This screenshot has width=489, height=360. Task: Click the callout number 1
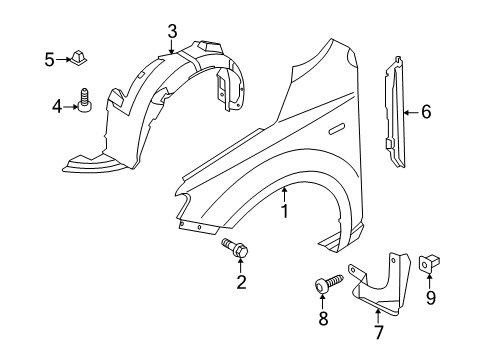(284, 211)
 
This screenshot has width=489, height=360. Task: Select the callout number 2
(241, 282)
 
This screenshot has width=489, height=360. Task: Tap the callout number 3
(172, 32)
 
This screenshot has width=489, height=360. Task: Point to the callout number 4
(57, 107)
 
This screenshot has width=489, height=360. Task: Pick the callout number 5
(49, 60)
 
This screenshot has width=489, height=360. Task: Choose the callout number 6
(426, 112)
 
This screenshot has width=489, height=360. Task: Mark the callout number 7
(378, 332)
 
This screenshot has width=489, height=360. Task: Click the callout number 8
(323, 318)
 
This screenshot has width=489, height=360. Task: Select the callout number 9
(431, 298)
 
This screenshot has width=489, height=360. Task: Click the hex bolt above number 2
(235, 248)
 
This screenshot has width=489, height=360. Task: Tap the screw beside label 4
(85, 100)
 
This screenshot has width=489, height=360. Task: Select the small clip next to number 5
(79, 57)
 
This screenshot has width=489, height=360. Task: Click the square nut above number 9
(429, 263)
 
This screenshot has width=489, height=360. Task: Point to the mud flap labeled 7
(380, 284)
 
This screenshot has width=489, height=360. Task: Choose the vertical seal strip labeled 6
(395, 112)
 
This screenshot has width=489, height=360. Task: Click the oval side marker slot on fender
(337, 129)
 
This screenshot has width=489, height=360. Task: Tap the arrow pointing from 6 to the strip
(412, 112)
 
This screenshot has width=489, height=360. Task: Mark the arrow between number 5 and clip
(63, 60)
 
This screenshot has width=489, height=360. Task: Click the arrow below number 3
(171, 47)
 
